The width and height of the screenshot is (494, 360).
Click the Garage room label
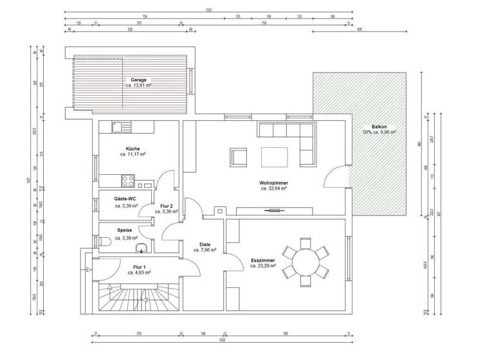(138, 80)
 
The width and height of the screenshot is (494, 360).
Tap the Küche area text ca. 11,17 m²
(133, 155)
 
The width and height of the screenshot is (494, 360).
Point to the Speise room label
(125, 230)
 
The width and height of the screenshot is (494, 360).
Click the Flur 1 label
(139, 266)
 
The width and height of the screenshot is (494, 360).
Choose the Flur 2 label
(166, 205)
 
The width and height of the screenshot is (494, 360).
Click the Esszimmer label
(263, 260)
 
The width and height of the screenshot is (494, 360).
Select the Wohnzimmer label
(273, 183)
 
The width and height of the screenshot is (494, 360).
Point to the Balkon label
(379, 127)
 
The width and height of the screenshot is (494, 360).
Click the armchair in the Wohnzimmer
(239, 157)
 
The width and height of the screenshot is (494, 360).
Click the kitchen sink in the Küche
(117, 127)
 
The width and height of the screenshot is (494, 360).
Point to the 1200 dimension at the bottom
(222, 339)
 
